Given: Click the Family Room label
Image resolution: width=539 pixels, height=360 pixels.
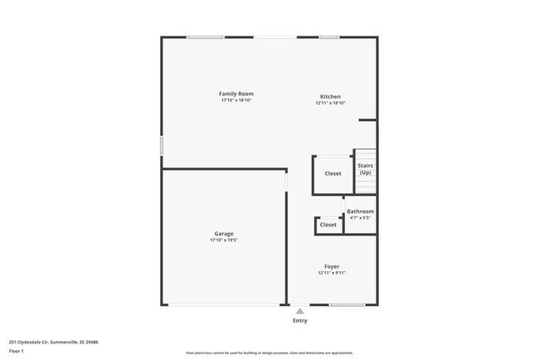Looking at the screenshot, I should click(236, 93).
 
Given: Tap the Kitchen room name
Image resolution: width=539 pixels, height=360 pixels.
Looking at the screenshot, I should click(330, 96).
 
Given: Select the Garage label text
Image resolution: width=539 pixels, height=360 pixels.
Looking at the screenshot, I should click(224, 234).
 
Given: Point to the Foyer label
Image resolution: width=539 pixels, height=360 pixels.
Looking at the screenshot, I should click(331, 266).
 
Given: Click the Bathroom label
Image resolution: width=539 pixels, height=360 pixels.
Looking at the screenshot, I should click(360, 212).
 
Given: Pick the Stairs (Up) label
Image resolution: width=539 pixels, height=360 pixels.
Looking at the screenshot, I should click(365, 168).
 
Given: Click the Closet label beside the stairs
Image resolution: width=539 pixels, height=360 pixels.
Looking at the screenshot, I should click(333, 173).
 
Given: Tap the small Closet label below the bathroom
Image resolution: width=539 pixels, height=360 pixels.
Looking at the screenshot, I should click(328, 225).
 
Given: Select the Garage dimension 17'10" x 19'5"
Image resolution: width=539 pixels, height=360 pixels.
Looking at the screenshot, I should click(224, 241).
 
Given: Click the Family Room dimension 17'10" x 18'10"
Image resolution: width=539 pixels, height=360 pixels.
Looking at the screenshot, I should click(236, 100).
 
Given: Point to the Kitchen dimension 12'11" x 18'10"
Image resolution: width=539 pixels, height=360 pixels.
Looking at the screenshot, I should click(330, 103).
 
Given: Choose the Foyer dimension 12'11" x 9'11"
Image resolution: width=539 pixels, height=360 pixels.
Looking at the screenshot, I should click(331, 273).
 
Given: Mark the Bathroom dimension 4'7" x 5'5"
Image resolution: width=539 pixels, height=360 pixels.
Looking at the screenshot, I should click(360, 218).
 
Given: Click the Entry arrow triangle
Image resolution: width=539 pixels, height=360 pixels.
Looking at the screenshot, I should click(299, 311).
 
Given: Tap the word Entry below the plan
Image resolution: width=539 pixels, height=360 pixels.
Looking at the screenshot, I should click(299, 320).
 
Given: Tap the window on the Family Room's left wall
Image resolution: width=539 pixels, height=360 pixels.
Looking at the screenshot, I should click(161, 144).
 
